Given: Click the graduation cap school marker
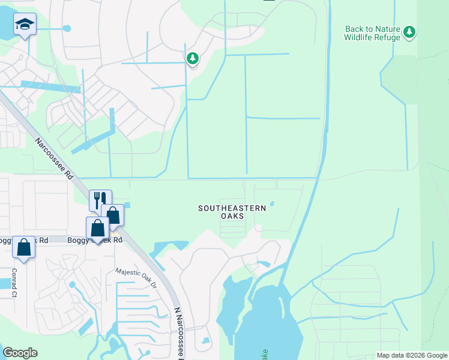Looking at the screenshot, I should pyautogui.click(x=25, y=25).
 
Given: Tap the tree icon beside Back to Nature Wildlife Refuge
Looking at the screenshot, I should pyautogui.click(x=409, y=31).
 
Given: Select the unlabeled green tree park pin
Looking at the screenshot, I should pyautogui.click(x=193, y=59).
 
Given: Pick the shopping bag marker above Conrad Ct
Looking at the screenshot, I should pyautogui.click(x=23, y=247).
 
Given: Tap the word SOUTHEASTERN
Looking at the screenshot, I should pyautogui.click(x=232, y=208).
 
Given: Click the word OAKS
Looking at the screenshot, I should pyautogui.click(x=232, y=216).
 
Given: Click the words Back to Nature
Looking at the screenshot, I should pyautogui.click(x=372, y=29).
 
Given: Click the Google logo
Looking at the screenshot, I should pyautogui.click(x=20, y=353).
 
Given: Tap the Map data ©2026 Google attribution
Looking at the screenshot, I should pyautogui.click(x=412, y=355).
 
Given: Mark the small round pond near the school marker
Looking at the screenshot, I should pyautogui.click(x=66, y=28).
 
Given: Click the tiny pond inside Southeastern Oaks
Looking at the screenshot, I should pyautogui.click(x=272, y=203).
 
